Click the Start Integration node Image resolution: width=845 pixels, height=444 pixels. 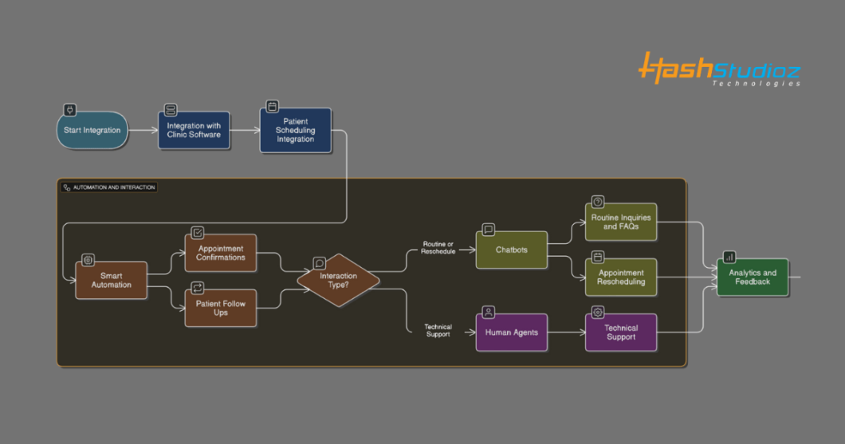click(92, 130)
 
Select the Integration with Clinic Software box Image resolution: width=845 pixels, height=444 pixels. click(194, 130)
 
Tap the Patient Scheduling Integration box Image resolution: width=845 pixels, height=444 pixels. click(295, 130)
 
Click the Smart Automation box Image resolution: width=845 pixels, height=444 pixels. click(111, 281)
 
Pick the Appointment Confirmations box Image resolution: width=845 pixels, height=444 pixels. click(220, 253)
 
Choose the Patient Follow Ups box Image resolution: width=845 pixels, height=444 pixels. click(220, 308)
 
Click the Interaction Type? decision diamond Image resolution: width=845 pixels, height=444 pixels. click(339, 281)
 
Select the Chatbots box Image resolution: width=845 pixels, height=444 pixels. click(512, 250)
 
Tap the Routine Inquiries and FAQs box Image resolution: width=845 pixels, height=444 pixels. click(621, 222)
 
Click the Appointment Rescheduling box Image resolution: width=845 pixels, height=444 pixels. click(621, 277)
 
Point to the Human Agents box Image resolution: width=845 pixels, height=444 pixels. click(512, 332)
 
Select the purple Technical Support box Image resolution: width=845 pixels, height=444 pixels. click(621, 332)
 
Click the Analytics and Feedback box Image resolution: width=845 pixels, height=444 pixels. click(753, 277)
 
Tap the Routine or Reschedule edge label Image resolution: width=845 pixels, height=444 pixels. click(438, 248)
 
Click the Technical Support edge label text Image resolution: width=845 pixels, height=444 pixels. click(438, 330)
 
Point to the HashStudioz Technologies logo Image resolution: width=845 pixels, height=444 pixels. click(719, 69)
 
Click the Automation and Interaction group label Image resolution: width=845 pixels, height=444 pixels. click(109, 187)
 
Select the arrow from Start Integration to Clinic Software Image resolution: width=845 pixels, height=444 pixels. click(143, 130)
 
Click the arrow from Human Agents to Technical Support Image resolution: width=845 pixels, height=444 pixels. click(566, 332)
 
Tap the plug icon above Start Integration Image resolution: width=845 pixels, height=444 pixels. click(69, 110)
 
